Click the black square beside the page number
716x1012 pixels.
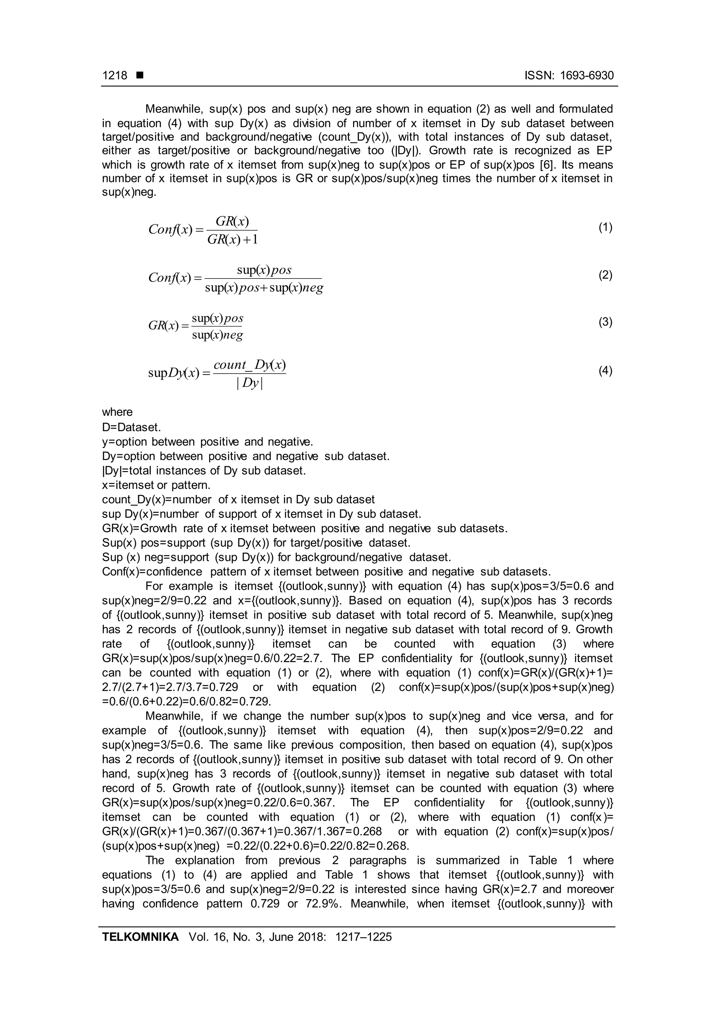click(140, 75)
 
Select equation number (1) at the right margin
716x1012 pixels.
click(605, 227)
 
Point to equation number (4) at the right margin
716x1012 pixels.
click(605, 371)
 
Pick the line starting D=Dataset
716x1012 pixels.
click(131, 427)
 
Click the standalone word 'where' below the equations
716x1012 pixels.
click(117, 412)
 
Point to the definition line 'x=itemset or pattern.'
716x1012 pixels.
click(156, 485)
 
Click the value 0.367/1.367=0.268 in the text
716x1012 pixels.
click(326, 831)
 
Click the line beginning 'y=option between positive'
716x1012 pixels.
click(207, 442)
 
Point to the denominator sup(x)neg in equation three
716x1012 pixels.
click(217, 335)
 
